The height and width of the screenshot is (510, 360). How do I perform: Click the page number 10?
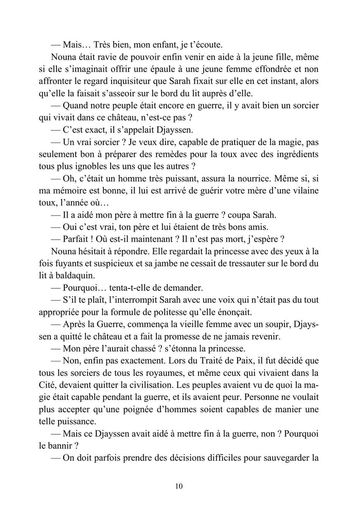point(179,486)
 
